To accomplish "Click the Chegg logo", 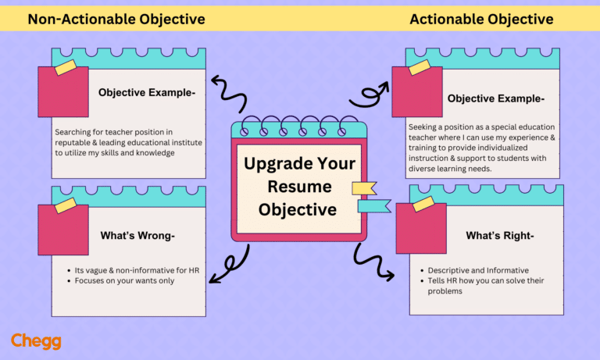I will click(x=36, y=341).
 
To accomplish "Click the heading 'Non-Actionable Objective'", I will click(x=116, y=19).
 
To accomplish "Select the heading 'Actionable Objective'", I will click(x=481, y=19).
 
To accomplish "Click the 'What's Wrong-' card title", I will click(x=137, y=235).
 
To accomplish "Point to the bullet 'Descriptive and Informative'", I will click(x=478, y=270).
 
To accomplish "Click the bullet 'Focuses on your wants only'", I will click(x=124, y=280).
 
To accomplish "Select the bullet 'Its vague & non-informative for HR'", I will click(x=137, y=270).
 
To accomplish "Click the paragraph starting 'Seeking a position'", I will click(x=483, y=147).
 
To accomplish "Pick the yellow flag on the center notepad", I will click(x=363, y=187).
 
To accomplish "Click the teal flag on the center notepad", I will click(x=373, y=205).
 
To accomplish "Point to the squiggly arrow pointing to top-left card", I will click(x=231, y=92).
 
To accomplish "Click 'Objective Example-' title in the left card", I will click(x=147, y=92).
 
